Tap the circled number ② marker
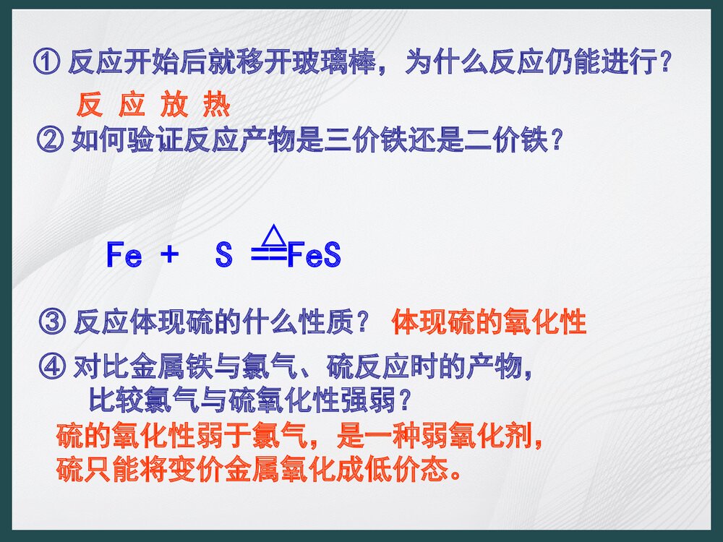(x=49, y=140)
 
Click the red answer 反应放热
(x=153, y=106)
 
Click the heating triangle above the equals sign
(x=272, y=234)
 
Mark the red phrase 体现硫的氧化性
(x=489, y=322)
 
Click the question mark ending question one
(x=663, y=64)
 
